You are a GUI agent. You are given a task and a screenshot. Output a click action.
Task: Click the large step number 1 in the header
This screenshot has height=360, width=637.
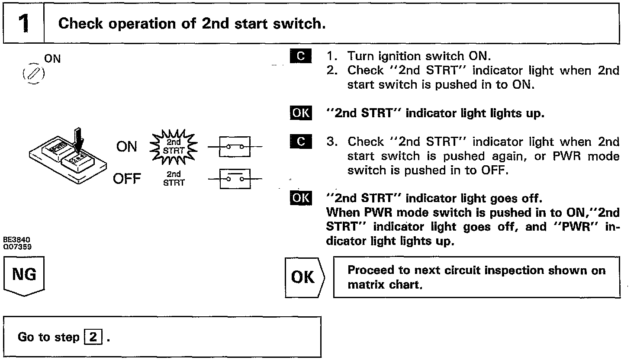(x=24, y=23)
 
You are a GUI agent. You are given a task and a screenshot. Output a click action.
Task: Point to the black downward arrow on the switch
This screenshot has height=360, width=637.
(x=78, y=139)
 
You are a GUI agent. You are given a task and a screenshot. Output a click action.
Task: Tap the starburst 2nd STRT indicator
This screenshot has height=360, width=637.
(x=173, y=147)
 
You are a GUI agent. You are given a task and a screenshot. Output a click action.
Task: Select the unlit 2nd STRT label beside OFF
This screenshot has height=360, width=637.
(x=174, y=179)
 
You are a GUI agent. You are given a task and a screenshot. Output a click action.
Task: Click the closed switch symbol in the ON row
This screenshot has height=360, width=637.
(x=235, y=147)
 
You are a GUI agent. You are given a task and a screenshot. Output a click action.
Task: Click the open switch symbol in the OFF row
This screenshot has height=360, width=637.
(x=235, y=179)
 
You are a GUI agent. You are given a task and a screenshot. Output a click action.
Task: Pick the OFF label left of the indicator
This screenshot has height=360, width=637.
(x=127, y=179)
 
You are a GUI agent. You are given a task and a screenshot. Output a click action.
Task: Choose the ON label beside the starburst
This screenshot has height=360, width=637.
(x=127, y=147)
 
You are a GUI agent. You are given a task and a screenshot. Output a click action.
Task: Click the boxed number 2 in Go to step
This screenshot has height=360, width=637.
(x=93, y=337)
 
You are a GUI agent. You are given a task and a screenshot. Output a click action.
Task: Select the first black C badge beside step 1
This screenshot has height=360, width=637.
(x=301, y=56)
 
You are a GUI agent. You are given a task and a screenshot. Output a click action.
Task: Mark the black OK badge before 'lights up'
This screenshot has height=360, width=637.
(x=301, y=113)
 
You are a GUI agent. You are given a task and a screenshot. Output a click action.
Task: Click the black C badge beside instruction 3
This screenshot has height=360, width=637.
(x=301, y=142)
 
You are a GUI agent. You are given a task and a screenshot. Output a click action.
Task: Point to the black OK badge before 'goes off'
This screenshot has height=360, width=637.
(x=301, y=198)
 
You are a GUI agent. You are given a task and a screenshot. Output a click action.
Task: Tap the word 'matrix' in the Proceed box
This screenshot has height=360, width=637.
(x=365, y=285)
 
